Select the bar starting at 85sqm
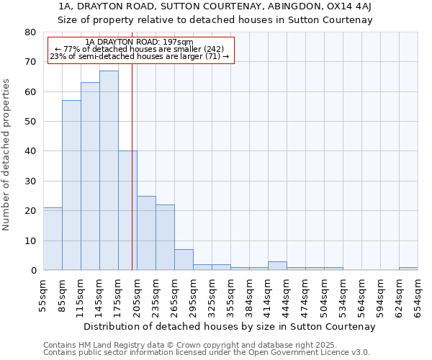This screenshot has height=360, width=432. (71, 185)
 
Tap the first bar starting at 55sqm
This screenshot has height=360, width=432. (53, 239)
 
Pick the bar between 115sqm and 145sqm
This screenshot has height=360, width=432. (90, 176)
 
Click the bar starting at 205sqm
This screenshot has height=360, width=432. (146, 233)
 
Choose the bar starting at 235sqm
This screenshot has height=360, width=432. (165, 238)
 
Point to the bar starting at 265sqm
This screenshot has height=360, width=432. (184, 260)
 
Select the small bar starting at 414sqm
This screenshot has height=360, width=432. (277, 266)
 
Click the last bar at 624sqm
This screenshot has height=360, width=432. (408, 269)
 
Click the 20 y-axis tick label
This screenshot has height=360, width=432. (30, 211)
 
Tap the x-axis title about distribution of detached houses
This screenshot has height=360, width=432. (230, 326)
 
